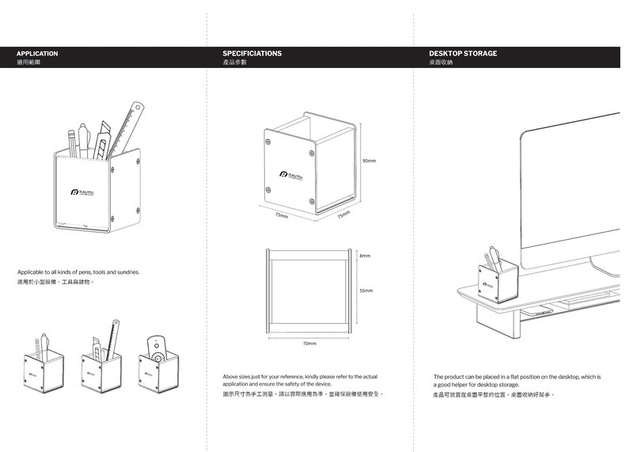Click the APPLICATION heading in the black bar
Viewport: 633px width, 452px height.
[x=37, y=54]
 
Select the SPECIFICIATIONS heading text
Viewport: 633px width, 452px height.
[x=252, y=54]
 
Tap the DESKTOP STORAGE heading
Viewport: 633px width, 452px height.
[x=463, y=54]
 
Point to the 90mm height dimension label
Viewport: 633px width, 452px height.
[x=369, y=161]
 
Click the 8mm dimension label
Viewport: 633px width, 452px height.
[x=365, y=256]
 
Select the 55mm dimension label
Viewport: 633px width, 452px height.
[x=366, y=291]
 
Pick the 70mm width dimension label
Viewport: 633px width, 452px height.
[x=309, y=344]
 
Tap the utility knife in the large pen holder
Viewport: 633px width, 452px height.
[x=104, y=139]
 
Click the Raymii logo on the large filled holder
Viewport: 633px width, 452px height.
[x=82, y=192]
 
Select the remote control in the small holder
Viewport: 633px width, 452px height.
[x=157, y=349]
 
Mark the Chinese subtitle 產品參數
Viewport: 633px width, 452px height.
[x=235, y=62]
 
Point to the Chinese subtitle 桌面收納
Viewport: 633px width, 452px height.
[x=441, y=62]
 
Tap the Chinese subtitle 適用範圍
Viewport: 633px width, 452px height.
[x=28, y=62]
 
